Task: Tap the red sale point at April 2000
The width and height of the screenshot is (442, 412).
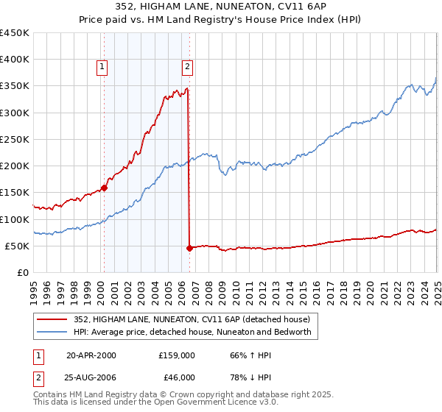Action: tap(104, 188)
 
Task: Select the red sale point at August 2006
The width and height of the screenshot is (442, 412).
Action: tap(189, 248)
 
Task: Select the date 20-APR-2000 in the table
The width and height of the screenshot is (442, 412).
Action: tap(91, 355)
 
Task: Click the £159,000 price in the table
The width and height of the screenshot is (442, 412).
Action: tap(176, 355)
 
